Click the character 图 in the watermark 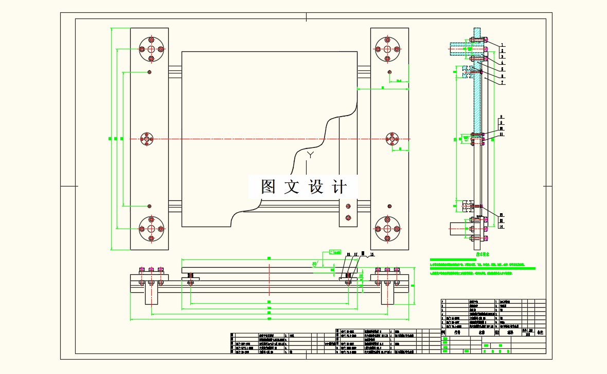coord(268,186)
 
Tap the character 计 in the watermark coord(340,186)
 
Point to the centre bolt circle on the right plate coord(392,139)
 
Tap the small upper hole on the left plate coord(149,71)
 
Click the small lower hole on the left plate coord(149,206)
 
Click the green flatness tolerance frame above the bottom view coord(335,252)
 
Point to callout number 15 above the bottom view coord(372,254)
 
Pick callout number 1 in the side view coord(503,45)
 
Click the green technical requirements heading coord(482,254)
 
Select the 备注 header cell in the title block coord(540,332)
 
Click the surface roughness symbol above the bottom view coord(314,264)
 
